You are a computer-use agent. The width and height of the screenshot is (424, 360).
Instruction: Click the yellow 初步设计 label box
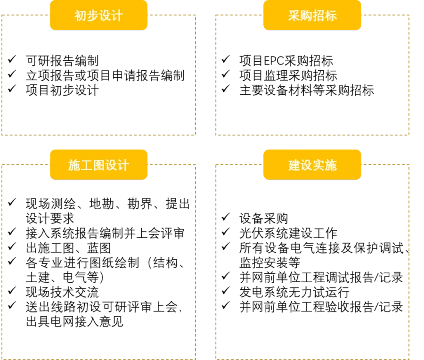click(98, 15)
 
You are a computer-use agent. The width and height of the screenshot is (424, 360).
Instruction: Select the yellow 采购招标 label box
click(312, 15)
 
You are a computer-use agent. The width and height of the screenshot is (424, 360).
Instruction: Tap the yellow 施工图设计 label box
click(98, 164)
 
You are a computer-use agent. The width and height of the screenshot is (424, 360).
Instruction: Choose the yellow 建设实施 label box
click(312, 164)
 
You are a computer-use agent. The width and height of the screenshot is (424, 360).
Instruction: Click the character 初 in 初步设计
click(81, 16)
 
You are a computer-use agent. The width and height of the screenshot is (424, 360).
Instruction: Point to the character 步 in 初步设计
click(93, 16)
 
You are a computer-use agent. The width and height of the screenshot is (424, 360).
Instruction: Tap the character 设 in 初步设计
click(105, 16)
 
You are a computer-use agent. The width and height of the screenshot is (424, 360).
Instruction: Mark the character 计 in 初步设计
click(117, 16)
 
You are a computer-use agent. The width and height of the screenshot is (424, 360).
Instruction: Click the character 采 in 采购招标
click(294, 16)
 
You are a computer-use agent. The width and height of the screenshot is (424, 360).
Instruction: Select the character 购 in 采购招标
click(306, 16)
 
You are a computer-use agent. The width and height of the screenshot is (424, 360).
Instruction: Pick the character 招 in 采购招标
click(318, 16)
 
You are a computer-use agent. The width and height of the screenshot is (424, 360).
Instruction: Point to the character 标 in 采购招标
click(331, 16)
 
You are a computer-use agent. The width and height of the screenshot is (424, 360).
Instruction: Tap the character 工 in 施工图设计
click(86, 165)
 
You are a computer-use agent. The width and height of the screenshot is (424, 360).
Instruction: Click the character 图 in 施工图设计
click(98, 165)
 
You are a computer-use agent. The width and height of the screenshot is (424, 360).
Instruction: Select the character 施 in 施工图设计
click(74, 165)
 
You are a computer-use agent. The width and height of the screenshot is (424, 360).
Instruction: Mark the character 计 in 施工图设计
click(123, 165)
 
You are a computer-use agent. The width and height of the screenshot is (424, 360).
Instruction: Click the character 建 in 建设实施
click(294, 165)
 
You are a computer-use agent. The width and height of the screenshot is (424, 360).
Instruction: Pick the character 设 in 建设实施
click(306, 165)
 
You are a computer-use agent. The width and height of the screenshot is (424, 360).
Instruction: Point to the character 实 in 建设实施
click(318, 165)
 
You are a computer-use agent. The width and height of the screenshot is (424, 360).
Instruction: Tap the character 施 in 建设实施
click(331, 165)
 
